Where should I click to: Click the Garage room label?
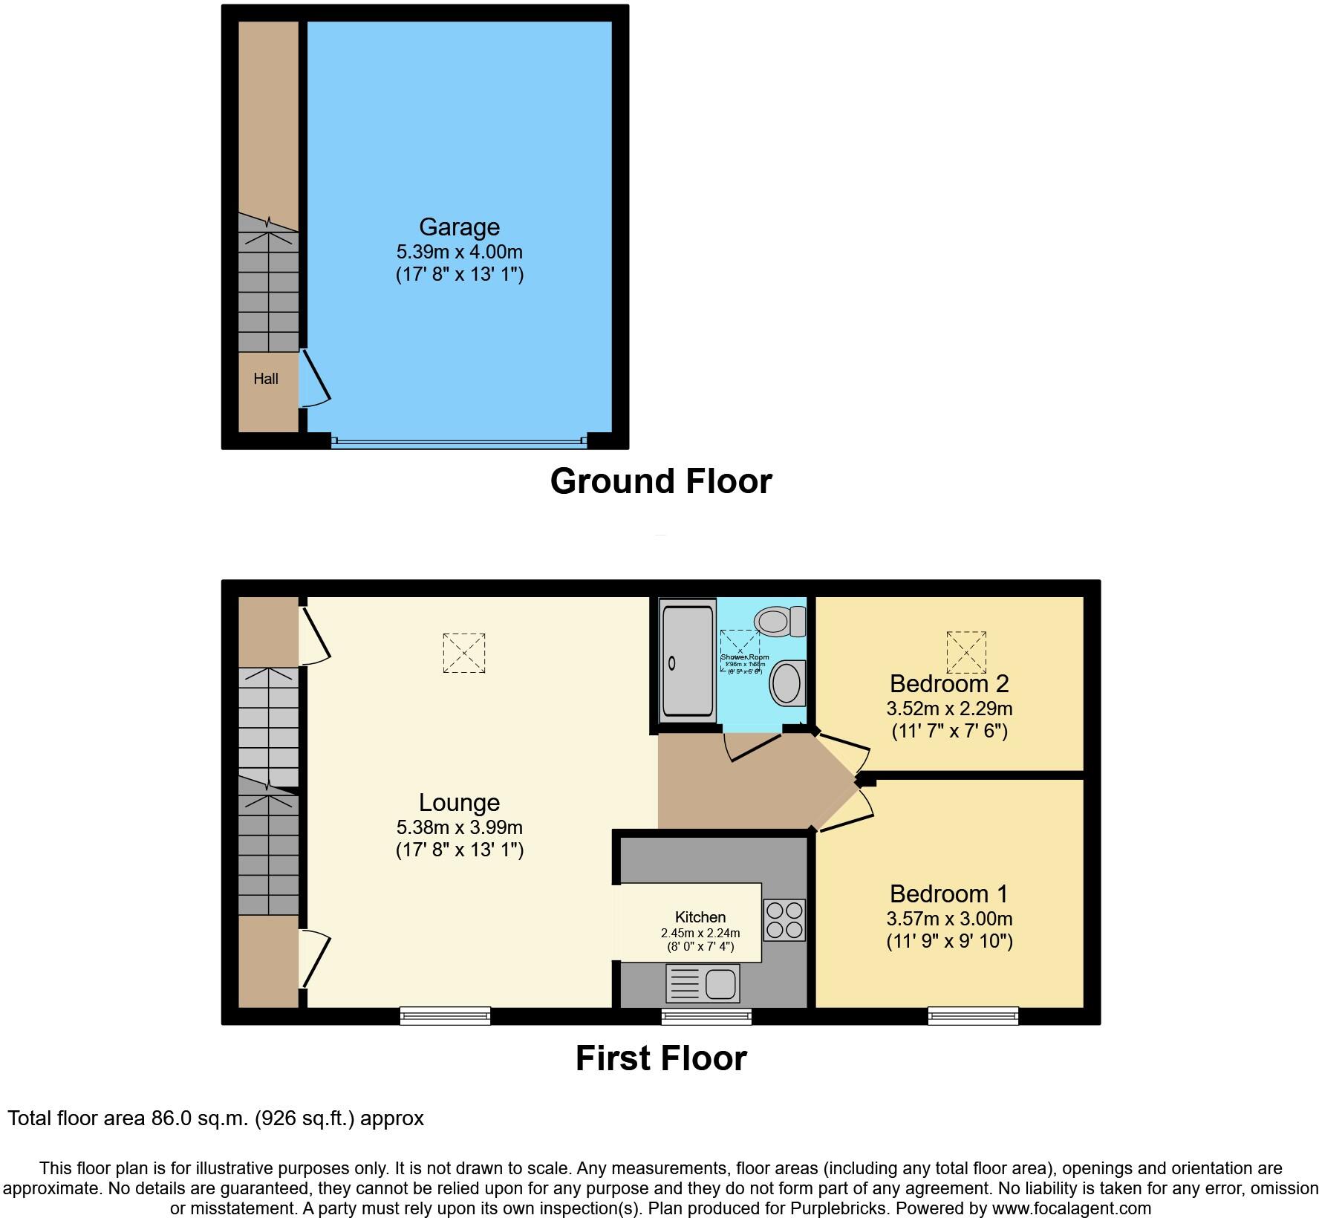tap(459, 227)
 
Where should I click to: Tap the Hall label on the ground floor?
tap(266, 379)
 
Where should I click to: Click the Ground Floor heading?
tap(660, 481)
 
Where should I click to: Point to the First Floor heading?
tap(660, 1058)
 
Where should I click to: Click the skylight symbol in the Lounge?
tap(464, 653)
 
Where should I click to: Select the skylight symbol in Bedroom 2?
tap(966, 651)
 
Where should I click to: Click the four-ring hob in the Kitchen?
tap(784, 920)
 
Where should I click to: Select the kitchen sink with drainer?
tap(703, 983)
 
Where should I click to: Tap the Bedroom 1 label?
tap(949, 893)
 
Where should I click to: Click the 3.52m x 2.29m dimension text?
tap(949, 708)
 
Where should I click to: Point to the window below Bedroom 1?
tap(973, 1015)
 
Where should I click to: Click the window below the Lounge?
tap(445, 1015)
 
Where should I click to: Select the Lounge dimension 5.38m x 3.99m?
tap(459, 827)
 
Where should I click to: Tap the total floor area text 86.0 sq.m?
tap(215, 1118)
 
